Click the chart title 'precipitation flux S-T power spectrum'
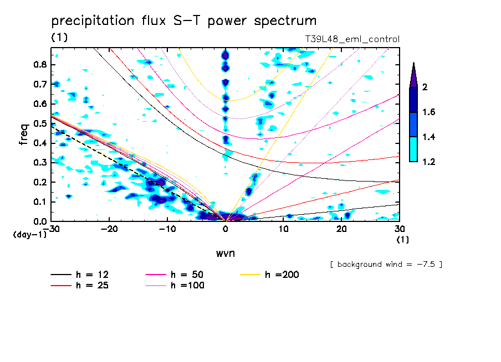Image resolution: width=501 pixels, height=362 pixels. click(x=184, y=21)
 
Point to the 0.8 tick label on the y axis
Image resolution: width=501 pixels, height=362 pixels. click(x=40, y=64)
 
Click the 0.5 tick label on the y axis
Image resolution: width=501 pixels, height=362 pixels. click(x=40, y=123)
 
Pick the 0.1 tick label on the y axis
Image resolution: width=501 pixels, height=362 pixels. click(x=40, y=202)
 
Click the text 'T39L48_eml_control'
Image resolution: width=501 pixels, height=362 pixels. click(x=352, y=39)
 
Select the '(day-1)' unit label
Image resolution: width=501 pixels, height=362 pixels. click(x=29, y=235)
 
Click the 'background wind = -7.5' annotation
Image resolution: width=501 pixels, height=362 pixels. click(x=386, y=264)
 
